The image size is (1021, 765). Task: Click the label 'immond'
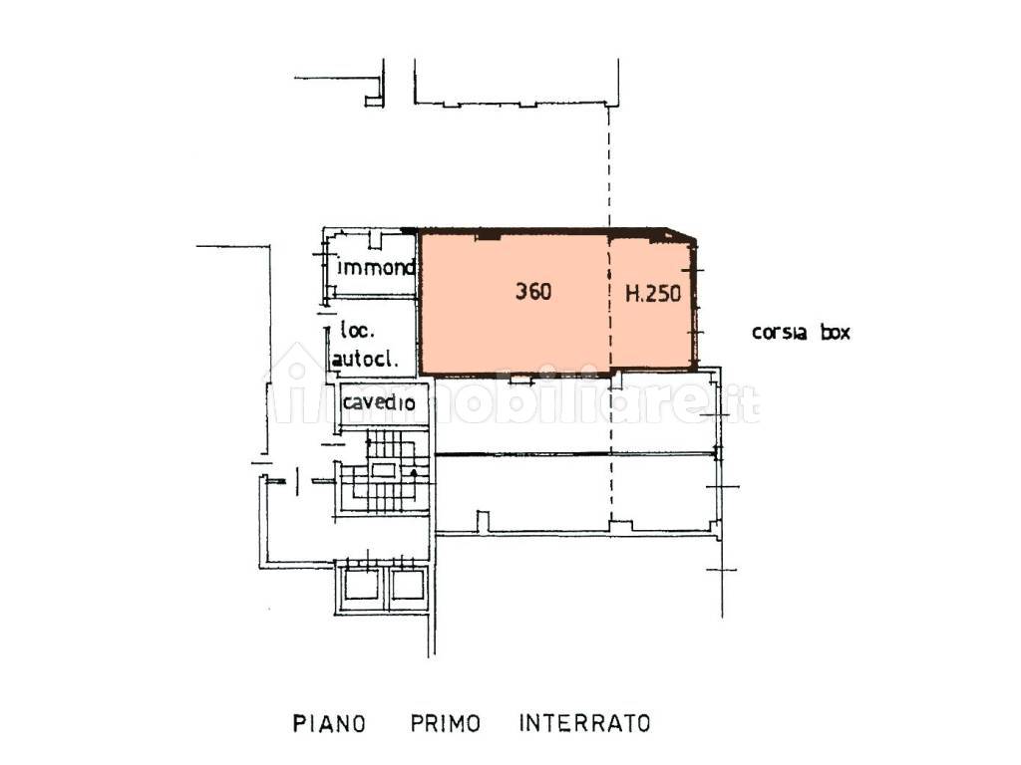coord(376,267)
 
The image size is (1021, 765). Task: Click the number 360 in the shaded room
coord(533,292)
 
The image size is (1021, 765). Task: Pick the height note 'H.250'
coord(653,294)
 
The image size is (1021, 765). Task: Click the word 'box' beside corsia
coord(836,333)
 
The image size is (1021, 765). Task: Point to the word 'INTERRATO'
coord(584,722)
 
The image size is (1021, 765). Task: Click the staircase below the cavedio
coord(383,470)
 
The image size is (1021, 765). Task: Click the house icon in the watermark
coord(296,383)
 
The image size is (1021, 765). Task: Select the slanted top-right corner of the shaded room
coord(682,235)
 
